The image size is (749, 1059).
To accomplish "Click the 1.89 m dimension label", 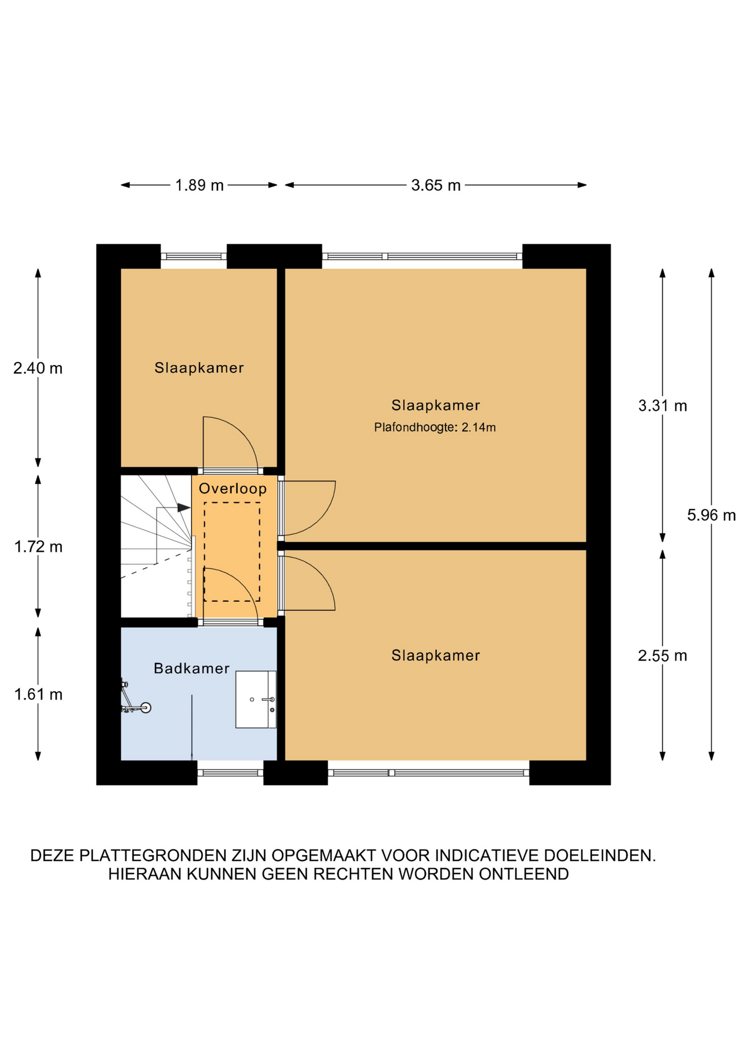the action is tap(199, 185).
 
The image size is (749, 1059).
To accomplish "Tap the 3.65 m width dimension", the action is tap(436, 185).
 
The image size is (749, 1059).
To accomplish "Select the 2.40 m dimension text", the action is tap(38, 368).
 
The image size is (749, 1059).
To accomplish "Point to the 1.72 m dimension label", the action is tap(38, 547).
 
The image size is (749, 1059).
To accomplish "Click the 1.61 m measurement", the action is tap(38, 694).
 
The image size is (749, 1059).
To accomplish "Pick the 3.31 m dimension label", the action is tap(662, 406).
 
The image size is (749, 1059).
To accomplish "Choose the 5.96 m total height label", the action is tap(711, 515).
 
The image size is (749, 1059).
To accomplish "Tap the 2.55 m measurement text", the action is tap(662, 656).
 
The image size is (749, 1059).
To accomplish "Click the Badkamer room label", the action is tap(191, 668).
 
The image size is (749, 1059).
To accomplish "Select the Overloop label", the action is tap(233, 489).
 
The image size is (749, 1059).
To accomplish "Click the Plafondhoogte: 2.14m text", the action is tap(435, 427).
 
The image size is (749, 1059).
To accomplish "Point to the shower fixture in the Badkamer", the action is tap(135, 699).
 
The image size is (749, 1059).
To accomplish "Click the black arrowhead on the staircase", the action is tap(184, 507).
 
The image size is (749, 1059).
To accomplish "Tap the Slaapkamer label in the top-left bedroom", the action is tap(199, 368).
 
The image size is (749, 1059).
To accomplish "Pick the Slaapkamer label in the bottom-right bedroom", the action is tap(436, 655).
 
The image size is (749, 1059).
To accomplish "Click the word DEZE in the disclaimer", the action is tap(53, 855).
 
